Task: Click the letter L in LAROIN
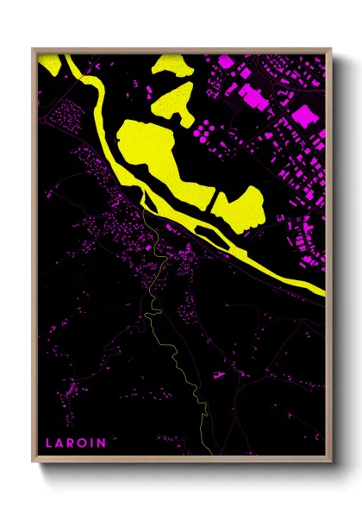tap(49, 443)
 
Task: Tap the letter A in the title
tap(60, 443)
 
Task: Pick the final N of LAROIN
tap(103, 443)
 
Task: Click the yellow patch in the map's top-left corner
tap(51, 65)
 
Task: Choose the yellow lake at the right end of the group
tap(241, 207)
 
